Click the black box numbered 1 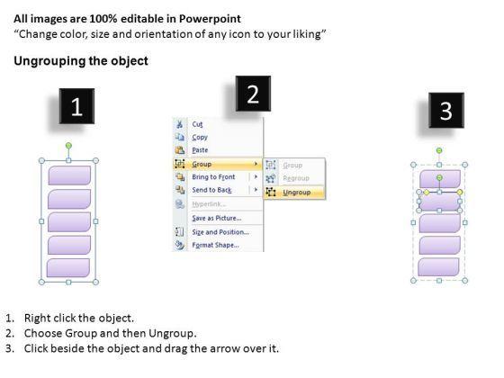[x=76, y=106]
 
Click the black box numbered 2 [x=253, y=94]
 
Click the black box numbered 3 [x=446, y=110]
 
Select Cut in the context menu [x=197, y=124]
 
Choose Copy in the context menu [x=200, y=137]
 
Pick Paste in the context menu [x=200, y=150]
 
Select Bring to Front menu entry [x=213, y=177]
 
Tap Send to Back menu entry [x=211, y=190]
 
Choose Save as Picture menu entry [x=217, y=218]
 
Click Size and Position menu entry [x=220, y=232]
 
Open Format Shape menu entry [x=215, y=245]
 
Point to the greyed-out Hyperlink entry [x=209, y=204]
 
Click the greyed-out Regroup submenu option [x=296, y=178]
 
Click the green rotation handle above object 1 [x=68, y=146]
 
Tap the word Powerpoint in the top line [x=210, y=19]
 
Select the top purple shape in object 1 [x=69, y=175]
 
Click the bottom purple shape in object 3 [x=438, y=266]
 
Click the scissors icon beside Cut [x=179, y=124]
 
